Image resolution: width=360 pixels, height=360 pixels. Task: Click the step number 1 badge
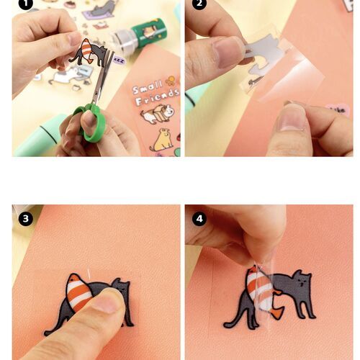pyautogui.click(x=25, y=4)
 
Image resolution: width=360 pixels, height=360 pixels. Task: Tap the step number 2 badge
pyautogui.click(x=199, y=4)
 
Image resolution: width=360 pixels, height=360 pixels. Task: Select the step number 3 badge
pyautogui.click(x=25, y=219)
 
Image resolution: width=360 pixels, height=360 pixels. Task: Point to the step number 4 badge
pyautogui.click(x=199, y=219)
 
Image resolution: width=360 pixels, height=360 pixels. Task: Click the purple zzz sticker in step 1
pyautogui.click(x=120, y=60)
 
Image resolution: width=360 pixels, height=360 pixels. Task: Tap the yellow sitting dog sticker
pyautogui.click(x=162, y=140)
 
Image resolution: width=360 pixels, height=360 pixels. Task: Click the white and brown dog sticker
pyautogui.click(x=157, y=114)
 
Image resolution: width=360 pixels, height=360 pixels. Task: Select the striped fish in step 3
pyautogui.click(x=78, y=292)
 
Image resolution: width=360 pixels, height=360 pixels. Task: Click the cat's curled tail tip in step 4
pyautogui.click(x=228, y=325)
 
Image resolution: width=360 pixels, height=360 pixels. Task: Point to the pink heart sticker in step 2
pyautogui.click(x=337, y=110)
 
